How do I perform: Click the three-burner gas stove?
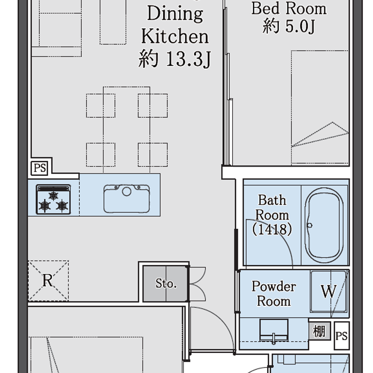(x=53, y=200)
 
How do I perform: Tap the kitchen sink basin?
(x=126, y=199)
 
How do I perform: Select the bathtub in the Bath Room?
(x=324, y=225)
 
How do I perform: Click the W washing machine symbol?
(x=329, y=291)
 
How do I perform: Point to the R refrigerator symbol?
(x=48, y=281)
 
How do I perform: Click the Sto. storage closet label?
(x=166, y=283)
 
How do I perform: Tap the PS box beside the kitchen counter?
(x=40, y=168)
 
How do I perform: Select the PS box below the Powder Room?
(x=342, y=336)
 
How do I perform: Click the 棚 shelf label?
(x=319, y=331)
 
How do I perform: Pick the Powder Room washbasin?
(x=274, y=330)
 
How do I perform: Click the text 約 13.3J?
(x=175, y=59)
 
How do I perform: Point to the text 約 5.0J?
(x=289, y=26)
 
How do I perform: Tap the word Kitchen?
(x=175, y=37)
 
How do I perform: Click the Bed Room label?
(x=289, y=9)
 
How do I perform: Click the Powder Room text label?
(x=274, y=294)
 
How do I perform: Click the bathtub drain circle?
(x=310, y=225)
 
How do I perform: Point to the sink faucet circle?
(x=126, y=191)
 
